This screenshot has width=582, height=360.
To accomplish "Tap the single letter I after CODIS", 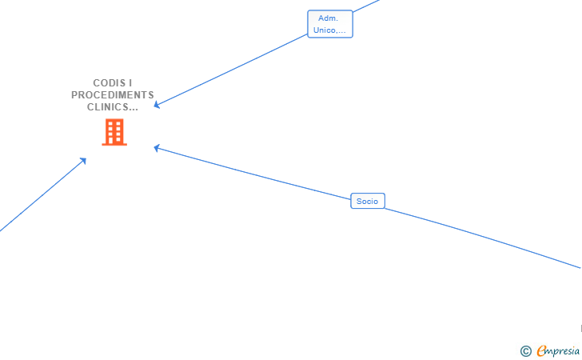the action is coord(130,83).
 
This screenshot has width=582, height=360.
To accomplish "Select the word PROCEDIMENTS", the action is coord(113,95).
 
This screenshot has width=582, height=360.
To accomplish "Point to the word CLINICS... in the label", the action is coord(113,107).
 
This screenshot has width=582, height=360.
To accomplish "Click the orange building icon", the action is coord(114,132).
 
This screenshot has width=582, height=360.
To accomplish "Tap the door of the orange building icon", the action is coord(114,141).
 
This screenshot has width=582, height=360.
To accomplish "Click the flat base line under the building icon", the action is coord(114,145).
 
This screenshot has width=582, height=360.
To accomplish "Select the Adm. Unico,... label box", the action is coord(330,24).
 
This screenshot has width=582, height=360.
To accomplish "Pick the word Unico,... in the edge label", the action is coord(330,30).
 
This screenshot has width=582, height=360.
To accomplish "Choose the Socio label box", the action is coord(368,201).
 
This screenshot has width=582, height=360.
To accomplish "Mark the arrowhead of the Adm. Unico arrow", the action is coord(157,105).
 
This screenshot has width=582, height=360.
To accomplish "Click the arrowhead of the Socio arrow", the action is coord(157,147).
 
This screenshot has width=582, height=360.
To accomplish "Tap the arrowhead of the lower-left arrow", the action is coord(83,161).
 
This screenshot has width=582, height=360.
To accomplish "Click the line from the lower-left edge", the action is coord(40,197).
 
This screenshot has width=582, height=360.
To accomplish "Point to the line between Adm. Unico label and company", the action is coord(232,70).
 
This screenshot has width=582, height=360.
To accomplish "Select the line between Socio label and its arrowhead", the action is coord(256,173).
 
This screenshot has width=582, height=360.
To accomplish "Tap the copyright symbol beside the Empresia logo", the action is coord(525,350).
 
